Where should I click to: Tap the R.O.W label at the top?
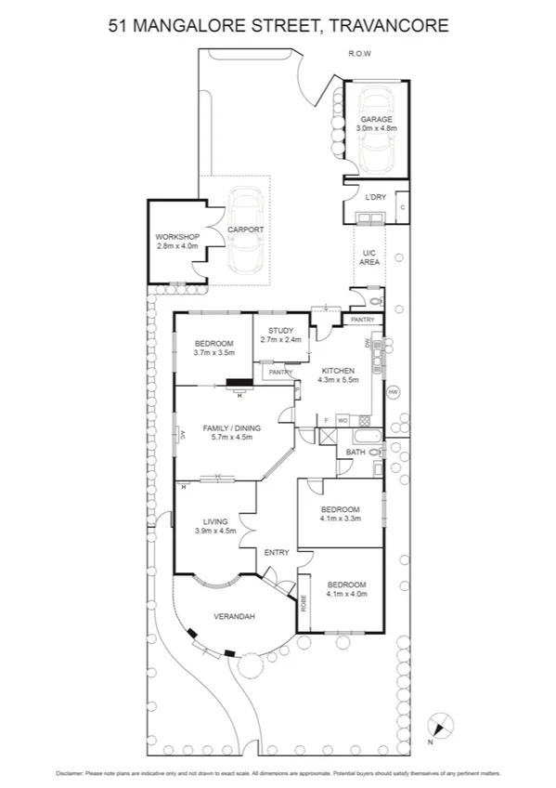359,54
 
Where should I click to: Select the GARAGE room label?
376,120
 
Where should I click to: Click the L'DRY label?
375,197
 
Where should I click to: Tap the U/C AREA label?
369,257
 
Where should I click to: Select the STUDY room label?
280,331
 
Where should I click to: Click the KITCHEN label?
339,370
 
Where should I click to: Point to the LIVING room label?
214,521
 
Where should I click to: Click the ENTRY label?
277,553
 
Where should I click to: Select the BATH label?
356,453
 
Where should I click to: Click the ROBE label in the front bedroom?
304,602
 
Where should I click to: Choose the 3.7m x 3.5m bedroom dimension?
213,353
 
